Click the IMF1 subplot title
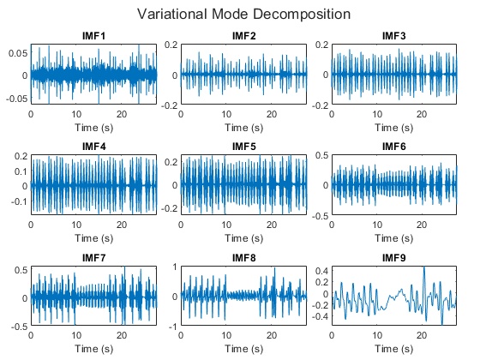click(93, 36)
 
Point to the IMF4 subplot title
click(93, 147)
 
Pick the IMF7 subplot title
click(93, 259)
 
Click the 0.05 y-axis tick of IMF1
click(17, 53)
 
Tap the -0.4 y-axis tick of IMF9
click(319, 316)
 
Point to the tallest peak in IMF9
click(423, 268)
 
